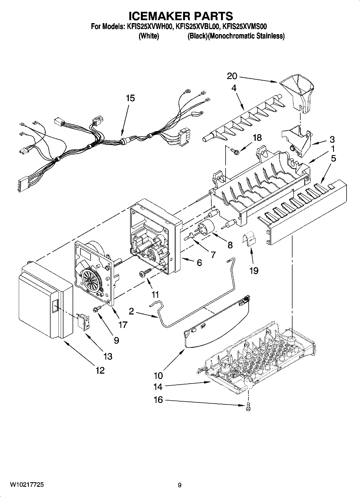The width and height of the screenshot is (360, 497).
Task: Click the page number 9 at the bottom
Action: [180, 485]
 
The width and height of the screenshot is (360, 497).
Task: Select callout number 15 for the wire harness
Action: [130, 98]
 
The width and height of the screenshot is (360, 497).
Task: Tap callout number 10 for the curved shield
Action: [158, 375]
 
